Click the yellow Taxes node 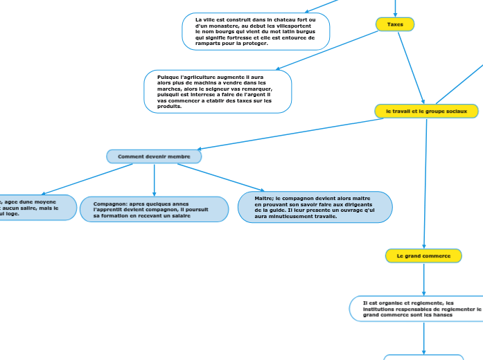pos(395,24)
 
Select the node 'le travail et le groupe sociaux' pos(426,111)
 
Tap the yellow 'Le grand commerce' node pos(423,256)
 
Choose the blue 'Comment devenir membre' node pos(154,156)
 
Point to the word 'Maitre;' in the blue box pos(265,198)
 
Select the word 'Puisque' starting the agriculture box pos(168,77)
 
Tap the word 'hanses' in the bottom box pos(441,314)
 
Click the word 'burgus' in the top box pos(306,32)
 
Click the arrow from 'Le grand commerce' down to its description pos(423,280)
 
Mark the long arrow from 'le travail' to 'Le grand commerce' pos(425,183)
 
